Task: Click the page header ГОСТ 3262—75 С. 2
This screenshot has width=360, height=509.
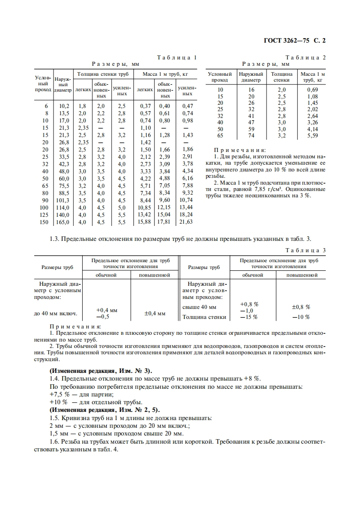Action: click(x=295, y=40)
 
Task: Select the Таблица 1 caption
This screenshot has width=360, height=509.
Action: click(x=177, y=58)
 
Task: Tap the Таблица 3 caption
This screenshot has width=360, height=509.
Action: click(x=305, y=250)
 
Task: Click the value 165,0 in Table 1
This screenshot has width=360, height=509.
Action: click(x=62, y=222)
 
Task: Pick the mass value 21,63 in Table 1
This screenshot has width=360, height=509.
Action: click(x=186, y=222)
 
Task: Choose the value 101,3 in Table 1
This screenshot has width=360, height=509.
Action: click(x=62, y=200)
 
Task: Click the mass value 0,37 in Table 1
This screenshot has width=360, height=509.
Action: click(x=145, y=106)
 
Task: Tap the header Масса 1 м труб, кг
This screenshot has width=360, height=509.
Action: click(x=165, y=73)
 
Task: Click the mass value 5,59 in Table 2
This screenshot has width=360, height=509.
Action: click(x=313, y=135)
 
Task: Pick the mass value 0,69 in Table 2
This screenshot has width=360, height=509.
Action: click(x=313, y=90)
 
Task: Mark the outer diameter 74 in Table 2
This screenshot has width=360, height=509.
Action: click(x=251, y=135)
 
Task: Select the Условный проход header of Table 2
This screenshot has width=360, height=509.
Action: click(x=220, y=77)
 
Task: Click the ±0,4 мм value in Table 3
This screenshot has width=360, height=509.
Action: click(x=155, y=313)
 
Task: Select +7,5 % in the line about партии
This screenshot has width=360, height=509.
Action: click(x=58, y=395)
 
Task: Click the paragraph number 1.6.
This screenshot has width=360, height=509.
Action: click(x=54, y=442)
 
